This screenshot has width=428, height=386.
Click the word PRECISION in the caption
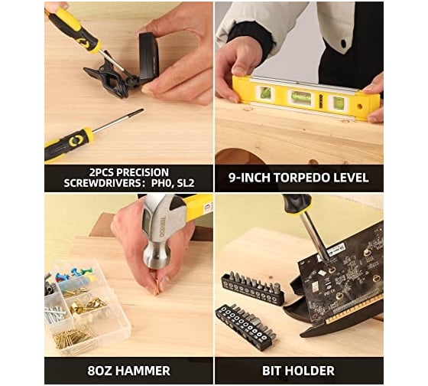pos(142,172)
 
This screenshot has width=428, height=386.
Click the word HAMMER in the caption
pos(143,371)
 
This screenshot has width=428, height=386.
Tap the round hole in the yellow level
pos(359,106)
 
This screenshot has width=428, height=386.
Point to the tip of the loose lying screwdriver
pos(142,110)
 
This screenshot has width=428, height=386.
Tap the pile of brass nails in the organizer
pos(72,338)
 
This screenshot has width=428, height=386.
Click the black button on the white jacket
pos(343,43)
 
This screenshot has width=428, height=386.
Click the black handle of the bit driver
pos(297,203)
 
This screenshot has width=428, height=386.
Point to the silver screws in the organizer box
pos(55,312)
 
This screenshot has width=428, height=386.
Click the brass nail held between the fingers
pos(157,288)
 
